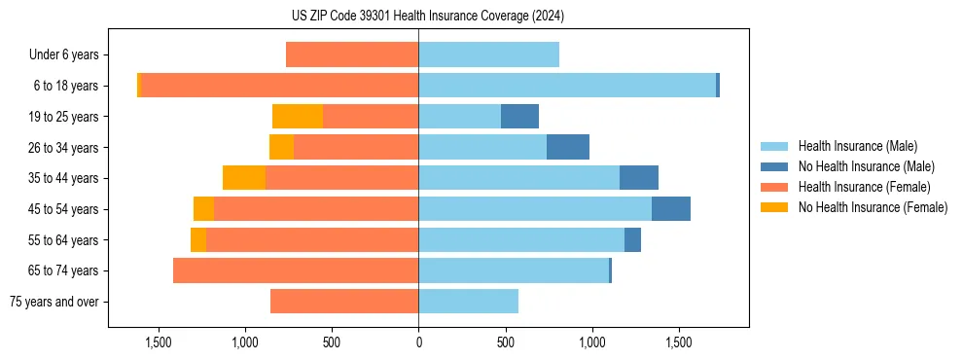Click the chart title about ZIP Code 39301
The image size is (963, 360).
point(427,16)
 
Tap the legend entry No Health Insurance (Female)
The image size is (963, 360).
point(872,207)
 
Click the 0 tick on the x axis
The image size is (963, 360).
point(418,342)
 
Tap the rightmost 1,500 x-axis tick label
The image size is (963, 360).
point(679,342)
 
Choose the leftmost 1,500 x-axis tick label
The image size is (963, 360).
point(159,342)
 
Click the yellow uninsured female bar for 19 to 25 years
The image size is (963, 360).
point(298,117)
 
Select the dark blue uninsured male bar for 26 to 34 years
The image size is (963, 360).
point(568,147)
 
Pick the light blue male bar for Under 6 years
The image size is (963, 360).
point(488,54)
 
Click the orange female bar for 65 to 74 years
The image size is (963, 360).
point(296,270)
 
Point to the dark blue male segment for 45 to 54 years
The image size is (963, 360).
point(671,209)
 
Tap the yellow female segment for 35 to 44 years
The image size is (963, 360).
point(244,178)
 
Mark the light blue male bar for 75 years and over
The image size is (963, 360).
point(468,302)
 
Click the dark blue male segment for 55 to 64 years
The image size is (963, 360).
point(632,239)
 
